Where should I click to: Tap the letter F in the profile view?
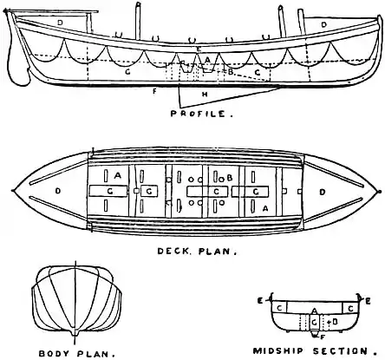[x=154, y=89]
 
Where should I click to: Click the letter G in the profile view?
[x=127, y=74]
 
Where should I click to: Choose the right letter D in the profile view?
[x=324, y=25]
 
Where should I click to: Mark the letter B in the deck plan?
[x=229, y=178]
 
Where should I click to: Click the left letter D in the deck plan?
[x=57, y=188]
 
